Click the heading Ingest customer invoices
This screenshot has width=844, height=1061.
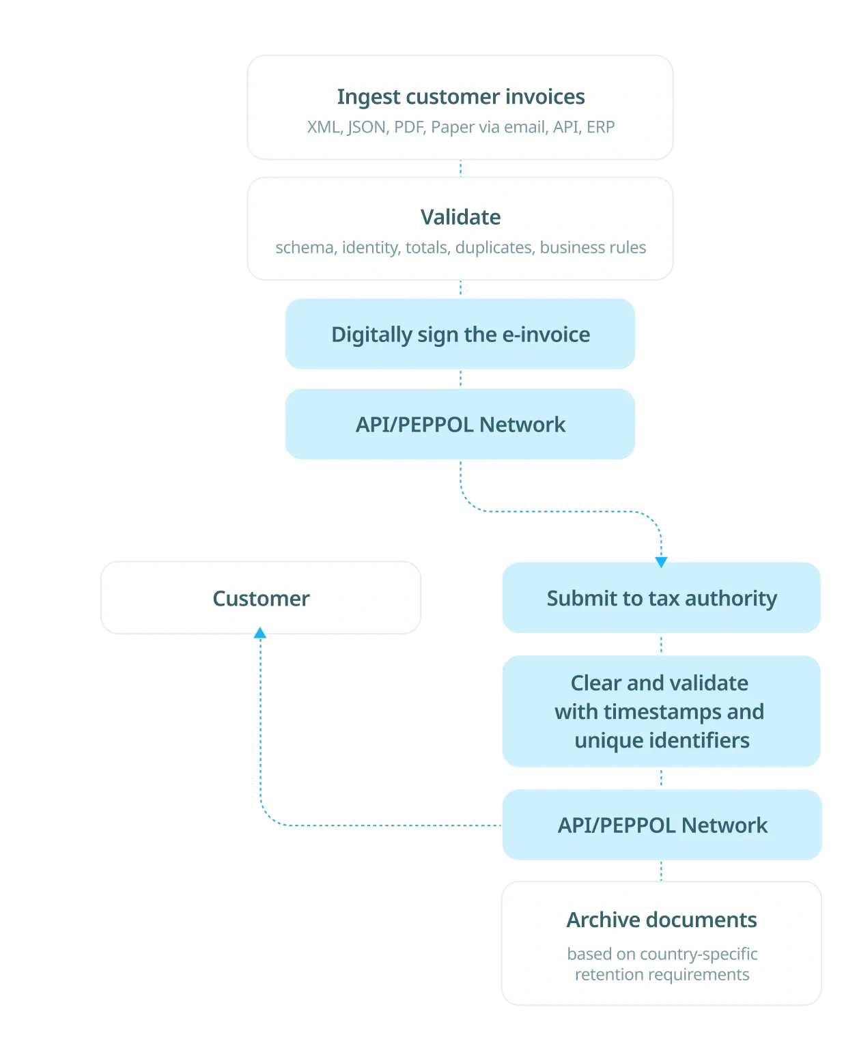tap(460, 97)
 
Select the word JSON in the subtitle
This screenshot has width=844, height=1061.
tap(367, 128)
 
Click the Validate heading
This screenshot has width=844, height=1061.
tap(460, 217)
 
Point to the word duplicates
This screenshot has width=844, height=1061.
tap(494, 247)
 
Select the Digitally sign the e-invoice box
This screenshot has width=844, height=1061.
tap(460, 334)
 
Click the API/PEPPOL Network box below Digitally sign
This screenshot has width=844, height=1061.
tap(460, 424)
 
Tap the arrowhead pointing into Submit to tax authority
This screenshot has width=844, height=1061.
tap(661, 561)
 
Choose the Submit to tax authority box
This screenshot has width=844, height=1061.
tap(661, 597)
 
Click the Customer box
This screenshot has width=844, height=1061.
tap(260, 597)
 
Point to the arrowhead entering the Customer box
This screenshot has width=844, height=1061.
tap(260, 632)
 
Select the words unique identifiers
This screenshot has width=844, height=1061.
tap(662, 740)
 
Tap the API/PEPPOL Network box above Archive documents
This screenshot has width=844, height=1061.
tap(662, 825)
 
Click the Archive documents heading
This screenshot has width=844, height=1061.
tap(662, 920)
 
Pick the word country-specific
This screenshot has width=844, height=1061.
tap(699, 954)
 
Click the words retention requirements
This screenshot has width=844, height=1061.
tap(662, 975)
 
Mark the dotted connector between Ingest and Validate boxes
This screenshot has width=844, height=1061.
tap(460, 168)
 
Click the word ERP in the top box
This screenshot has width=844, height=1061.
tap(600, 127)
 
